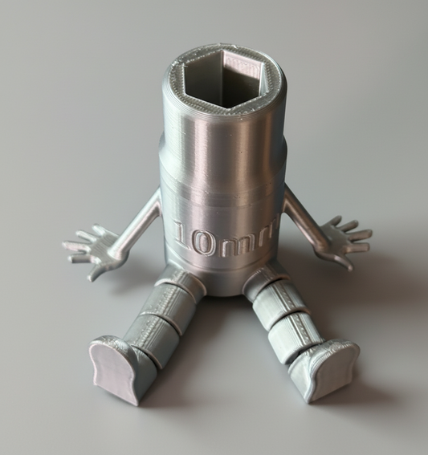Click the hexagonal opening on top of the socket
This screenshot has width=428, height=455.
[223, 81]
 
